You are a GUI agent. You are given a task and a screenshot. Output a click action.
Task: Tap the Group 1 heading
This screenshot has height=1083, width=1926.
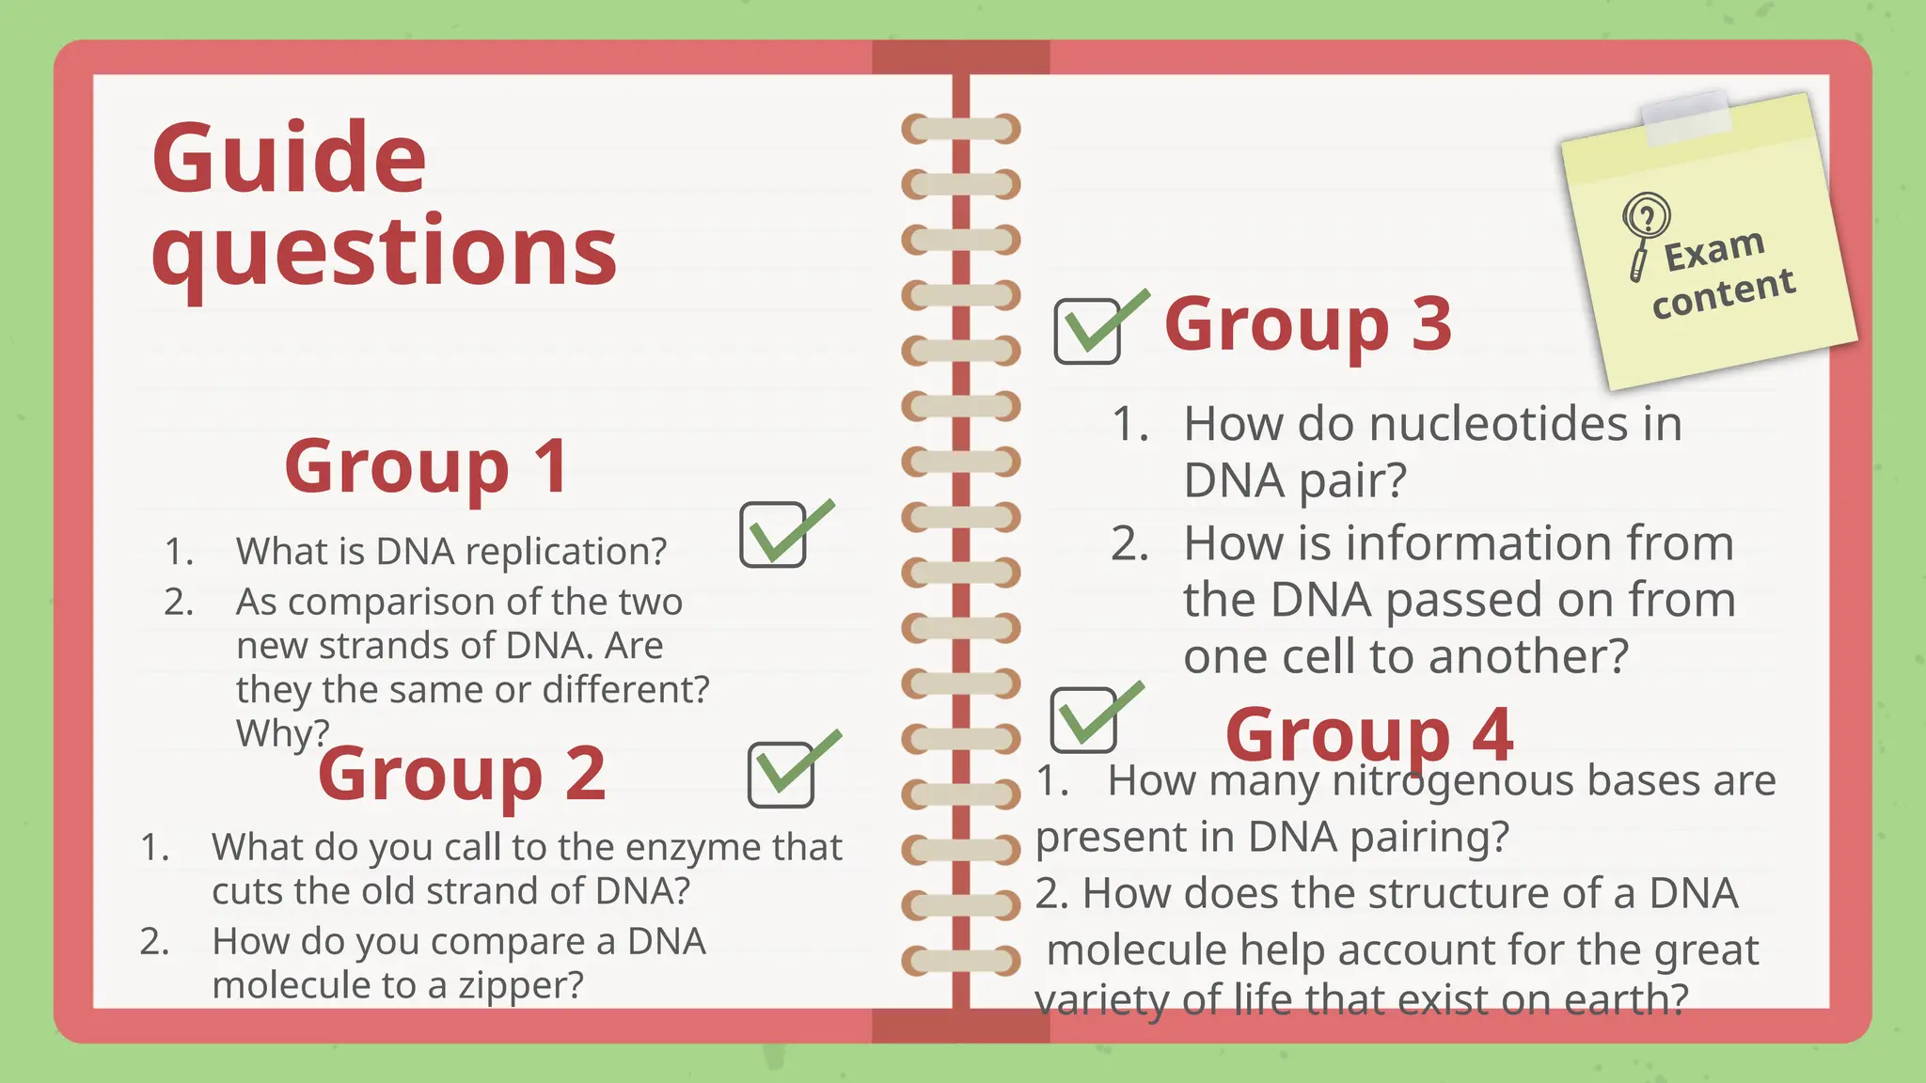click(x=426, y=466)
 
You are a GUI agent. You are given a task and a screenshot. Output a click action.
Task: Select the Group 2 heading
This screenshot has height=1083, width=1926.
click(x=462, y=774)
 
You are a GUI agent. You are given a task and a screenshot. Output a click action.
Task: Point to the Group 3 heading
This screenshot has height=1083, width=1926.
click(x=1307, y=324)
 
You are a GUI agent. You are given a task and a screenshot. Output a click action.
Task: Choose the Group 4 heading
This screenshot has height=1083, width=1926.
click(x=1369, y=734)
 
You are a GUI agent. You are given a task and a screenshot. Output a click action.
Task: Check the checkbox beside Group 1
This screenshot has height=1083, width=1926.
click(x=773, y=535)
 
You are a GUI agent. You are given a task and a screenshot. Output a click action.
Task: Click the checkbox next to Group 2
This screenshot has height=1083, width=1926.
click(x=781, y=775)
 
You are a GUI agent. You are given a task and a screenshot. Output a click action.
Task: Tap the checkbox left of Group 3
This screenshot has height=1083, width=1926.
click(x=1087, y=331)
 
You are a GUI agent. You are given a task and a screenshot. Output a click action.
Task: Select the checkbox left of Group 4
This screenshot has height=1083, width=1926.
click(x=1083, y=720)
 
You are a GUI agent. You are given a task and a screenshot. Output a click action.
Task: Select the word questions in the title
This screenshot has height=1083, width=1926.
click(x=384, y=252)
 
